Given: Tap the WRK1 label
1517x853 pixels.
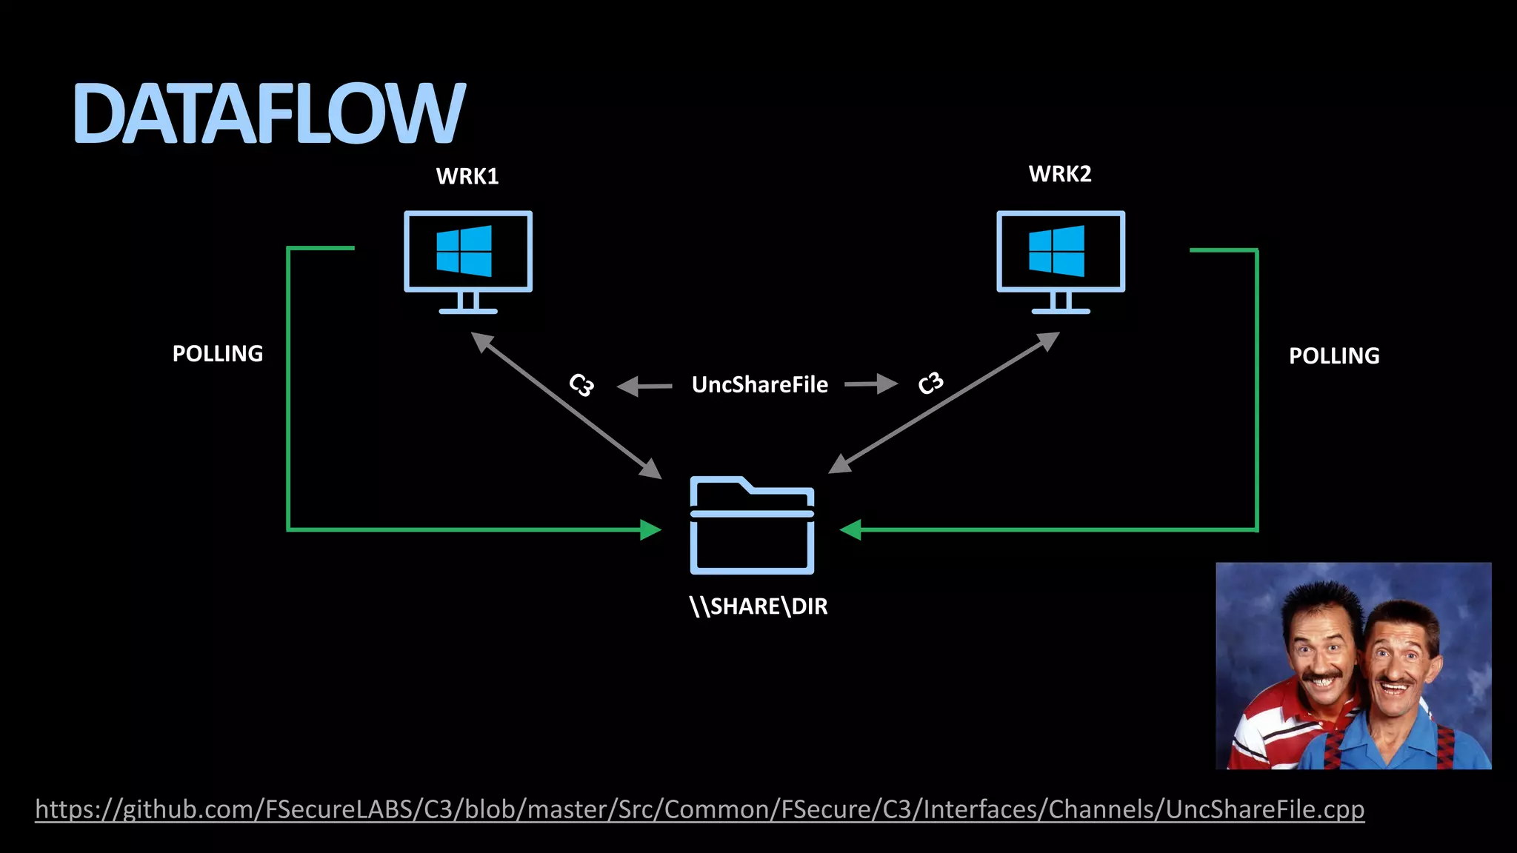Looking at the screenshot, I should [467, 176].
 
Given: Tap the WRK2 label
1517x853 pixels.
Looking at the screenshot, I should [1060, 174].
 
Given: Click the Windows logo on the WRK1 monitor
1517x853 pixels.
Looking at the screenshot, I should [464, 251].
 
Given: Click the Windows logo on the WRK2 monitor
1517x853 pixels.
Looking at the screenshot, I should [1057, 251].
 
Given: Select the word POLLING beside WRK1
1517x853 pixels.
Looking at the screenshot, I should [218, 354].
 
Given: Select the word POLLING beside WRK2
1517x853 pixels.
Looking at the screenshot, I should [1334, 356].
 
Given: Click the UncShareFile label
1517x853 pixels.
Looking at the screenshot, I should [759, 385].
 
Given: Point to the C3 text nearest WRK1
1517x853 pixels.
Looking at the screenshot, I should [581, 385].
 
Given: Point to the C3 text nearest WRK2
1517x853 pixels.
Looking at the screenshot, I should [930, 383].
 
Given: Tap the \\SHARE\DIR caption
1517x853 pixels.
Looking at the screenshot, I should [758, 606].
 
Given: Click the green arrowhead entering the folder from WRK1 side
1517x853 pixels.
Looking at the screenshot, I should [650, 529].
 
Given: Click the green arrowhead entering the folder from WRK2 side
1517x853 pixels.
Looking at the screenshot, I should [851, 529].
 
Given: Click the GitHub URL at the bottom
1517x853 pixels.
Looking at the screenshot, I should [699, 809].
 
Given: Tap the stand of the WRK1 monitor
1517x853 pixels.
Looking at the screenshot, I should [467, 304].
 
